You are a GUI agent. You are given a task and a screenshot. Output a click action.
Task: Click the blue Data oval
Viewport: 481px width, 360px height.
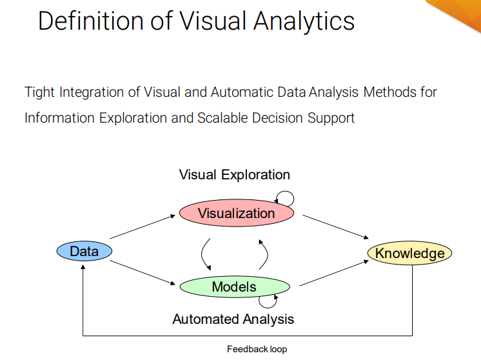pos(84,251)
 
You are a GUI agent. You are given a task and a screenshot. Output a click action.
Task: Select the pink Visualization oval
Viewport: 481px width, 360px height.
pos(236,213)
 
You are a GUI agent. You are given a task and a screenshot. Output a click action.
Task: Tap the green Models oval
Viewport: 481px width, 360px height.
pos(234,287)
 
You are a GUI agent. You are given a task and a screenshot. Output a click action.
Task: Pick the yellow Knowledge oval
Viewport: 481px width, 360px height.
pos(409,253)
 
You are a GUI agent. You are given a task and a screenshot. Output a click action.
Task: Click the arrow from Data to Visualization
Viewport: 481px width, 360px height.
pos(143,228)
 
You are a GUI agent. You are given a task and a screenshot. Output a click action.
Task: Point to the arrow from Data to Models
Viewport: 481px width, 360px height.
pos(143,272)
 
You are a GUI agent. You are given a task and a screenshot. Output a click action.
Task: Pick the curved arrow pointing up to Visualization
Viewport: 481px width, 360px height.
pos(264,253)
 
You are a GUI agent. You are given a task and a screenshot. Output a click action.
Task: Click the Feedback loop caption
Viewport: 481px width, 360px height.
pos(257,349)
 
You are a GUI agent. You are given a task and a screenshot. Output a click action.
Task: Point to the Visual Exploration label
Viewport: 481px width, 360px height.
pos(234,175)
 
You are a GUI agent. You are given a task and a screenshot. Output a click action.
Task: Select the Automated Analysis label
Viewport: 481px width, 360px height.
pos(233,319)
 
